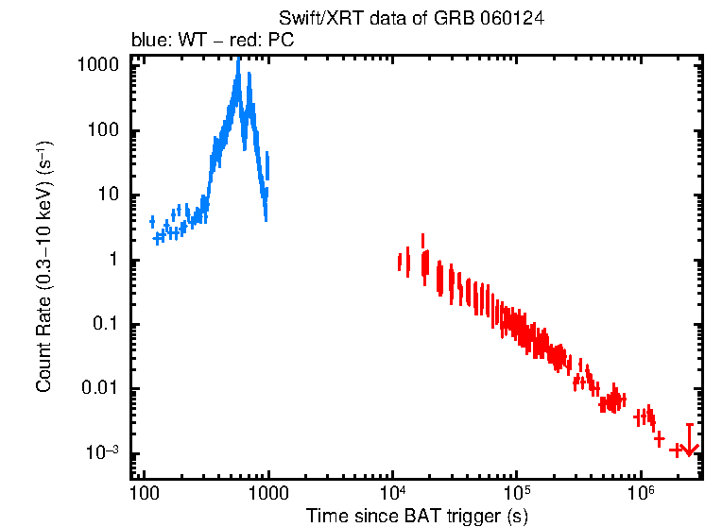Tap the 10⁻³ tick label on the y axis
point(104,452)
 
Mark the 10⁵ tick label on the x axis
point(517,493)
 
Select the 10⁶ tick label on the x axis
point(642,493)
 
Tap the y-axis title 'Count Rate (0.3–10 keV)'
point(43,267)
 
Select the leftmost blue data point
point(152,222)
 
